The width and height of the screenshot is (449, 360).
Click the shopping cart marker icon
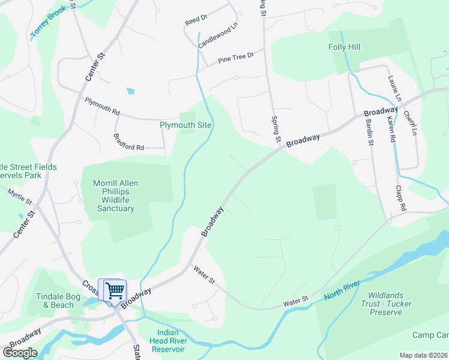click(x=114, y=291)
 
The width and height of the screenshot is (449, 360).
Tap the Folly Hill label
click(x=344, y=47)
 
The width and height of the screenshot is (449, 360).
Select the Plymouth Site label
click(x=185, y=125)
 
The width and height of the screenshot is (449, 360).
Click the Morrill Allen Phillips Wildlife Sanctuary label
click(x=116, y=196)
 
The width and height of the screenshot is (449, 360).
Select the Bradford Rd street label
click(x=129, y=142)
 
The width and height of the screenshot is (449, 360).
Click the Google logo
click(x=20, y=352)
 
